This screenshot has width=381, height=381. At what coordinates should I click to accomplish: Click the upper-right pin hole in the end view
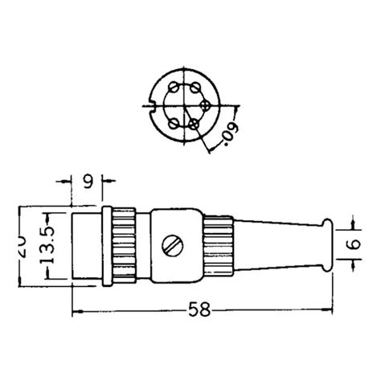point(195,85)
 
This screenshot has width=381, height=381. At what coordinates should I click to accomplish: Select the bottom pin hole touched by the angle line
point(195,123)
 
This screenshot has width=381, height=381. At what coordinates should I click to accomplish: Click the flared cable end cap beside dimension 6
point(326,244)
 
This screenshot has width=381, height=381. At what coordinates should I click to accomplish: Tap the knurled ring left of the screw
point(124,244)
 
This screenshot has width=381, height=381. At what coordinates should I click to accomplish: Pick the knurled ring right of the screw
point(216,244)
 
